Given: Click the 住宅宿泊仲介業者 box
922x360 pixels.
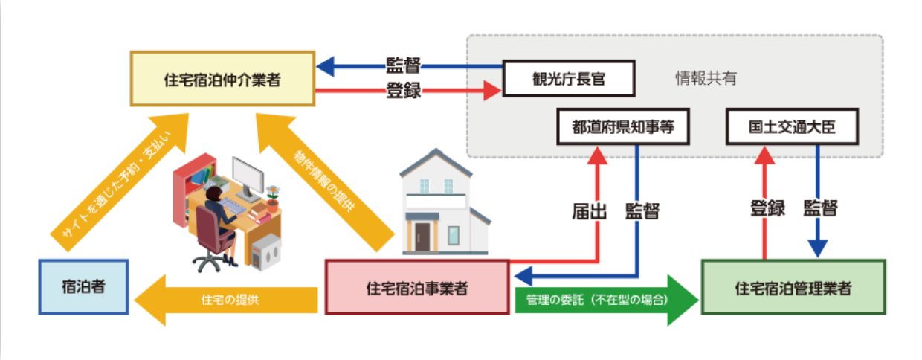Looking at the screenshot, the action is tap(222, 79).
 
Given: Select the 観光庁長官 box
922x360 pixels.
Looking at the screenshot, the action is tap(569, 79).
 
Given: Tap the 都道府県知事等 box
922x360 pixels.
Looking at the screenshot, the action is tap(623, 126).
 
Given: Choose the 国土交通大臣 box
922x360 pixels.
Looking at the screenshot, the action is tap(793, 126).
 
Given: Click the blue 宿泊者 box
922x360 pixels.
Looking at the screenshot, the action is tap(83, 287).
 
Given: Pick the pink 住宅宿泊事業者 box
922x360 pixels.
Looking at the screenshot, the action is tap(417, 288).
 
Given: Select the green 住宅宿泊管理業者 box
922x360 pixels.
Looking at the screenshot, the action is tap(793, 288).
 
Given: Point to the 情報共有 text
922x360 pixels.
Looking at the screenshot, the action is tap(706, 78).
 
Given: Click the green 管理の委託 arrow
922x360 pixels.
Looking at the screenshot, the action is tap(607, 300).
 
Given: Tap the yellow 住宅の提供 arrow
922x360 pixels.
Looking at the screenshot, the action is tap(226, 300).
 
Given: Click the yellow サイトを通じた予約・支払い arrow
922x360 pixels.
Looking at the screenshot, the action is tap(120, 182).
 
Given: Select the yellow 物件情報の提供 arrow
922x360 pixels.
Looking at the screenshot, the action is tap(325, 182).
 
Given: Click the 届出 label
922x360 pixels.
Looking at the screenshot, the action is tap(590, 211).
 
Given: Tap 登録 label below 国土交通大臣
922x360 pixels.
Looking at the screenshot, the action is tap(768, 208).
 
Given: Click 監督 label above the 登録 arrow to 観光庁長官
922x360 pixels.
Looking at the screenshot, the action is tap(403, 65).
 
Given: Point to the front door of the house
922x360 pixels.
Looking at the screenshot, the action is tap(422, 237).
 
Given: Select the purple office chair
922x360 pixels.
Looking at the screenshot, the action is tap(214, 239).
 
